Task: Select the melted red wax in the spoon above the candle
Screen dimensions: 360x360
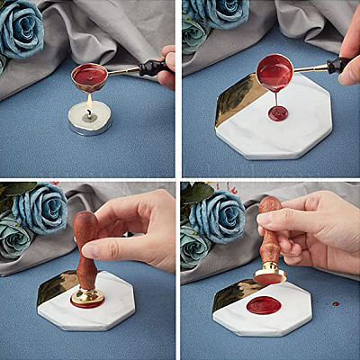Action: [x=89, y=75]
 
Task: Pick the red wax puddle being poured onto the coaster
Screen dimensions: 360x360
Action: [x=278, y=113]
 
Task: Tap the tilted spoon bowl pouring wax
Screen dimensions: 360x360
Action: [x=274, y=71]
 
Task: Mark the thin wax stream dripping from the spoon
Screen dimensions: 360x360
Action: [x=277, y=97]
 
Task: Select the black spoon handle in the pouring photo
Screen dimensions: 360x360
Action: [x=337, y=65]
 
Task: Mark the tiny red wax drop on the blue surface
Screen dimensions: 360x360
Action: [x=335, y=304]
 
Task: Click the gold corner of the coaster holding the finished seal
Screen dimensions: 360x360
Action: [x=236, y=291]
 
